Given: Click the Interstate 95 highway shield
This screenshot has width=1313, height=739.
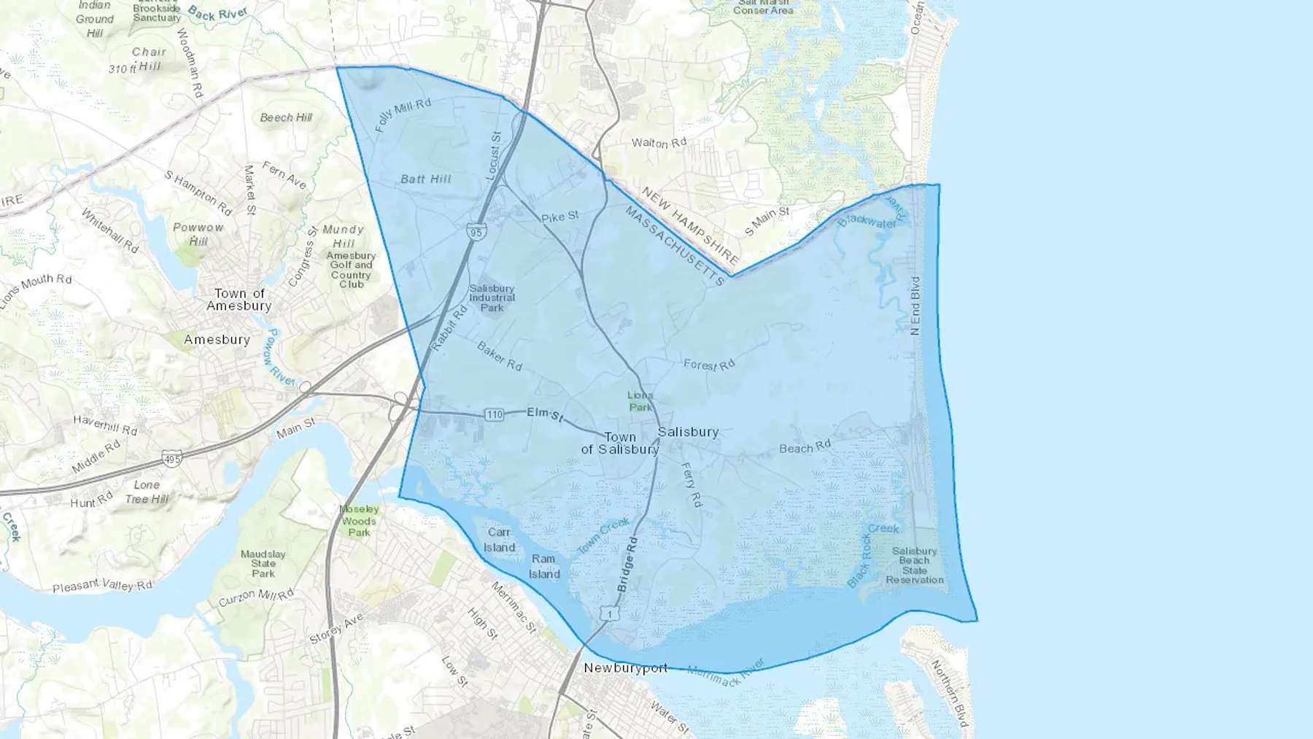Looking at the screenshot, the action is coord(476,233).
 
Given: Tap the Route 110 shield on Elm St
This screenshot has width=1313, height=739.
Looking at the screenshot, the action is coord(495,414).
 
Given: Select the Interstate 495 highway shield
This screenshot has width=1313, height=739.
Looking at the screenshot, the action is coord(172,460).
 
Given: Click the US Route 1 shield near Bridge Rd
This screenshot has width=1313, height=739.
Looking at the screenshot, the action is coord(610,614).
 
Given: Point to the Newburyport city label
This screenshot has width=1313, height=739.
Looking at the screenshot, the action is coord(625,668).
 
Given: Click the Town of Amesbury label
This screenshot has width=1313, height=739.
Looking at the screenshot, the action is coord(239,300).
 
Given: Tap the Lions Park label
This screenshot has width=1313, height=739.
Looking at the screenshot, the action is coord(640,401).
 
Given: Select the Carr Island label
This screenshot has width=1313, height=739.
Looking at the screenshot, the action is coord(499,540).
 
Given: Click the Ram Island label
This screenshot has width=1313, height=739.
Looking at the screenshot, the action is coord(543,566).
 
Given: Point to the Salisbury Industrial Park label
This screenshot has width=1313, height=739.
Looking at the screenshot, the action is coord(492,298).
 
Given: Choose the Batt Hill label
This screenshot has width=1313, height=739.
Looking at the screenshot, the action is coord(426,179).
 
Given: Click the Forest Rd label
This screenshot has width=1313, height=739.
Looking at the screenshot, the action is coord(709,364).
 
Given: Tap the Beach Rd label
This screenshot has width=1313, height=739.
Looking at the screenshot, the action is coord(805,447).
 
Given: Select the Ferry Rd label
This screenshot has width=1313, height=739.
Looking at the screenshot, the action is coord(692,484).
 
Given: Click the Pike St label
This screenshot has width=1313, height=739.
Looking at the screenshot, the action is coord(560,217).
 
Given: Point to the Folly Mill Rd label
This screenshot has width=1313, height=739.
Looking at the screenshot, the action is coord(403,115).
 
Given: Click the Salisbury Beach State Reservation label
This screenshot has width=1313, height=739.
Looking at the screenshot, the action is coord(915,565).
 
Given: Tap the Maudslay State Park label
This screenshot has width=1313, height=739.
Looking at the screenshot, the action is coord(263,564).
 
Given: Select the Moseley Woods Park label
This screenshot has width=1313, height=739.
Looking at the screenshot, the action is coord(359,521).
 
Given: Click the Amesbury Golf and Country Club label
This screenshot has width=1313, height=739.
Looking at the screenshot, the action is coord(351,270).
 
